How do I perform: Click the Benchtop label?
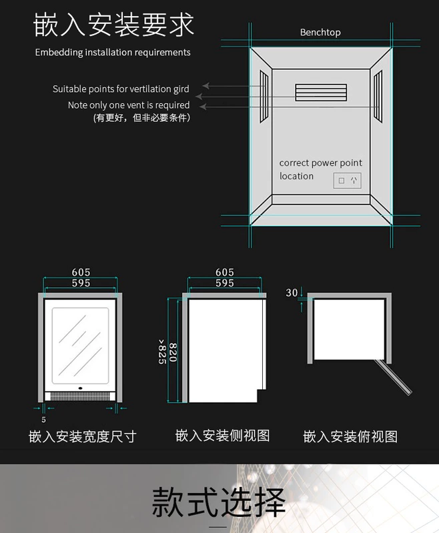(320, 32)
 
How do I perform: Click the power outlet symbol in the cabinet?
(347, 180)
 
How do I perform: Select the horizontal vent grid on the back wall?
(321, 93)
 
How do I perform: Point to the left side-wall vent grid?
(264, 95)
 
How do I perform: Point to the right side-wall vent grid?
(377, 95)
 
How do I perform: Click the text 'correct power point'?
(320, 163)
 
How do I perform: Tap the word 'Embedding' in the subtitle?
(59, 53)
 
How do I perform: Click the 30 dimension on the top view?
(292, 292)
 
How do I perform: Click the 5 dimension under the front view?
(43, 420)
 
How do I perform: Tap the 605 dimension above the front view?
(81, 272)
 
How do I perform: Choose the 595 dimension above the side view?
(225, 282)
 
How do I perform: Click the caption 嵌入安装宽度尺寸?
(83, 436)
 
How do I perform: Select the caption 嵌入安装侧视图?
(222, 436)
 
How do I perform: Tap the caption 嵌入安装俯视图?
(350, 436)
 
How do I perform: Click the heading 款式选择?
(219, 502)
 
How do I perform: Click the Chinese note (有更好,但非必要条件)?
(141, 118)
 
